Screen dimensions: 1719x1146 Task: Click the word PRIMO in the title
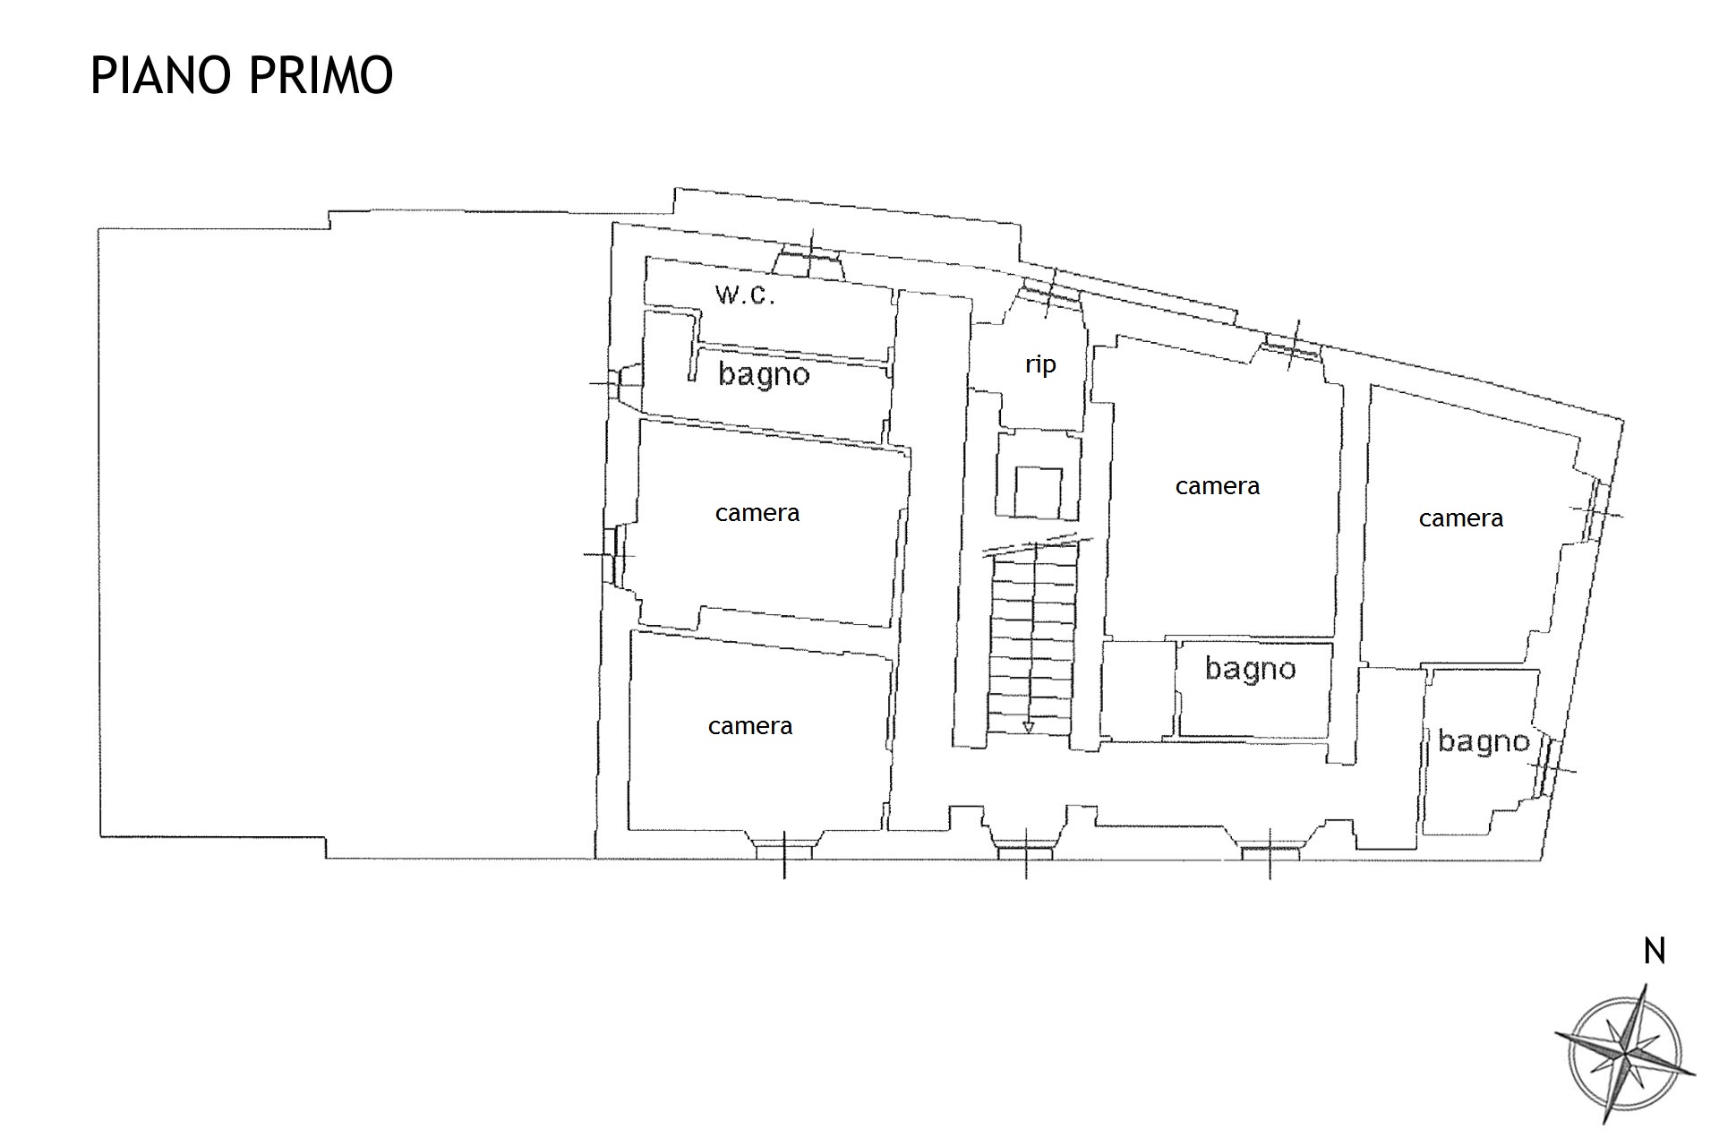321,74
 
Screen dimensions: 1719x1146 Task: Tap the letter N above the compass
1655,951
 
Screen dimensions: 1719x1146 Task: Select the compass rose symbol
1625,1053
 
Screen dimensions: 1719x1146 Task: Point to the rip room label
1040,365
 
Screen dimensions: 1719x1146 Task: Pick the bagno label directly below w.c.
764,374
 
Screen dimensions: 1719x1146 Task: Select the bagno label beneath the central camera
1251,669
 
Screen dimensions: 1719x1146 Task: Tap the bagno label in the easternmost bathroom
1484,741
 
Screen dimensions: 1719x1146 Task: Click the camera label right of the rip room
1218,486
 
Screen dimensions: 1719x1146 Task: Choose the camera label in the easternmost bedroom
1461,518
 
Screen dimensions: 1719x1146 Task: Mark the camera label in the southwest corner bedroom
750,726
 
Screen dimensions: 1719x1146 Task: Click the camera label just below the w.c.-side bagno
757,513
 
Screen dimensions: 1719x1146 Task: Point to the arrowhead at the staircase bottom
1029,727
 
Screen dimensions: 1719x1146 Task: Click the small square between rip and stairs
1039,492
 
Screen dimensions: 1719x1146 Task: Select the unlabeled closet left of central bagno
1138,690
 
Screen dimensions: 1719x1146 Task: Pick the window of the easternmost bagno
1546,768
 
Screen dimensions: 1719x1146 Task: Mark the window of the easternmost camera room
1595,511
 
